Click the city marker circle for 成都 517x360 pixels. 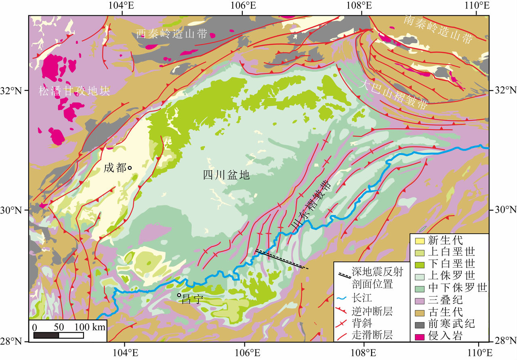coord(130,167)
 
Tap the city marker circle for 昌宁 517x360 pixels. coord(179,295)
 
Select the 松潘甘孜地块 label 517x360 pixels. coord(74,91)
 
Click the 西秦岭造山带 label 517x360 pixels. coord(172,34)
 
